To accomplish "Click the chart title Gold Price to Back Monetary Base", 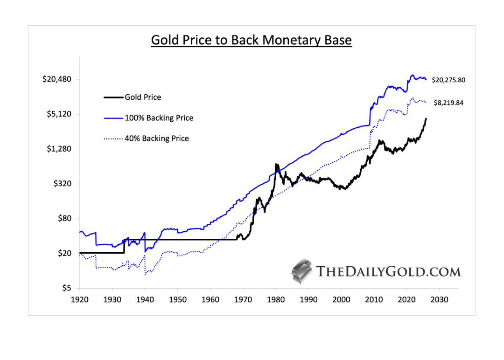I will (x=251, y=40).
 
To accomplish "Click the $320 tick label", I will (x=61, y=184).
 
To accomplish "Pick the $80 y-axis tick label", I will (x=63, y=219).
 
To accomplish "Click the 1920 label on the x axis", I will (x=79, y=299).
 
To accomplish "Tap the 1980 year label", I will (x=276, y=299).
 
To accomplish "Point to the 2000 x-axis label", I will (x=341, y=299).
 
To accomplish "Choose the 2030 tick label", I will (x=440, y=299).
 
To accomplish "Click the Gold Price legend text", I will (x=143, y=97).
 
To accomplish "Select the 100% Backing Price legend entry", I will (x=159, y=118).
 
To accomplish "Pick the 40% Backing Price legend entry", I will (x=157, y=138).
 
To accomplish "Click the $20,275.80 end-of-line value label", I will (x=448, y=80).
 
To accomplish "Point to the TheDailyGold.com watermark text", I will (x=388, y=272).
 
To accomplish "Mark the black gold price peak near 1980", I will (x=276, y=165).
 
